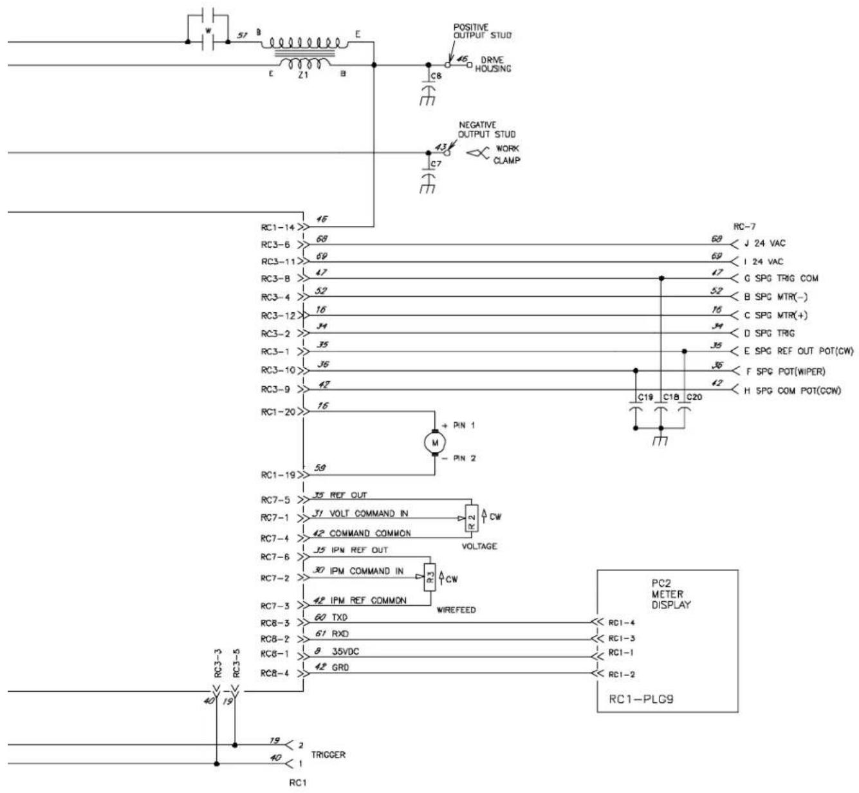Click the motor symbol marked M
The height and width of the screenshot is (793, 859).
tap(435, 442)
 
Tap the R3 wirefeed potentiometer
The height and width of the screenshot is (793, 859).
tap(430, 572)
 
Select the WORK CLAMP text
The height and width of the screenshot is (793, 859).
tap(508, 154)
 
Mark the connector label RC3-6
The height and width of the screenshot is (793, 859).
tap(277, 245)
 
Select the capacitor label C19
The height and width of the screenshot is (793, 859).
tap(645, 397)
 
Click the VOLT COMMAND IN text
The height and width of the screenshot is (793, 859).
tap(368, 514)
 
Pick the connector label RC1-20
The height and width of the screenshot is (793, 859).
tap(277, 412)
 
